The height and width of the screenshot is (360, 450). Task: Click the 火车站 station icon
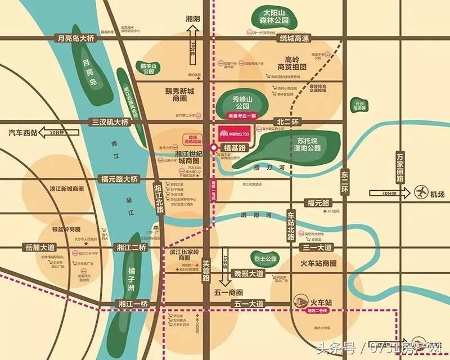click(301, 301)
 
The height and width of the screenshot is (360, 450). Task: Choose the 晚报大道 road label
click(249, 273)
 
